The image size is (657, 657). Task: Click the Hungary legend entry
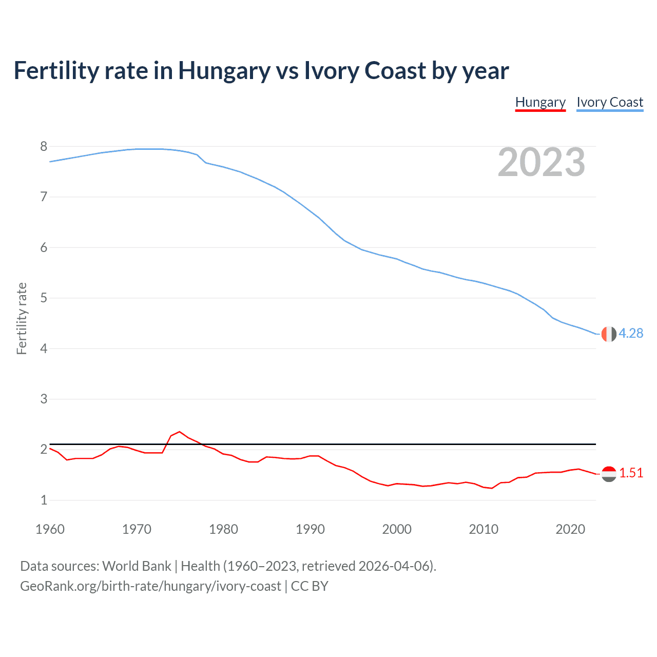click(x=540, y=102)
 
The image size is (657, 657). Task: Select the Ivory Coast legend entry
click(x=609, y=102)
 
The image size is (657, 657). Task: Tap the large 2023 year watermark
click(x=541, y=162)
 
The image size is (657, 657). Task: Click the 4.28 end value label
click(x=630, y=333)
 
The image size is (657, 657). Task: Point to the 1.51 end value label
click(x=631, y=473)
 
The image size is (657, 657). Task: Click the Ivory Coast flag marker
click(x=608, y=334)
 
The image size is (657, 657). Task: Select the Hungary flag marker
click(x=608, y=474)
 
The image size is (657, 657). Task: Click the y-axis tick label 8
click(x=44, y=147)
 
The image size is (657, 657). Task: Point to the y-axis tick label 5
click(x=44, y=298)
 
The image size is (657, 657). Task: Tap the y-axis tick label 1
click(x=44, y=500)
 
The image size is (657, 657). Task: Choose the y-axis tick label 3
click(x=44, y=399)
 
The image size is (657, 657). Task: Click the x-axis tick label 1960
click(x=50, y=529)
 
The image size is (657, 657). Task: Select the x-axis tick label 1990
click(x=310, y=529)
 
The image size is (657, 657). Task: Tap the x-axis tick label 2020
click(x=570, y=529)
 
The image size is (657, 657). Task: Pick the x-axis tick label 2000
click(x=397, y=529)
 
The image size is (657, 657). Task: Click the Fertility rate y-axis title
click(x=22, y=318)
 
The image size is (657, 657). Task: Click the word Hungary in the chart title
click(x=224, y=71)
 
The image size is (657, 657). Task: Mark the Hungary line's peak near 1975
click(x=179, y=432)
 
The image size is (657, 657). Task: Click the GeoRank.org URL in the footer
click(x=150, y=586)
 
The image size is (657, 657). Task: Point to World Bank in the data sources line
click(x=137, y=566)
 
